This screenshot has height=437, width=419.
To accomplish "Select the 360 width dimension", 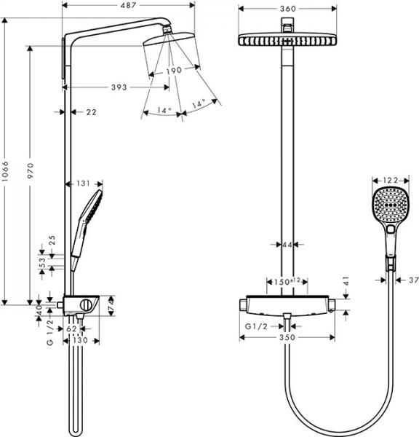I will click(287, 9).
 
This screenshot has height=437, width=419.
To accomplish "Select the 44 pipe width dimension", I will click(287, 245).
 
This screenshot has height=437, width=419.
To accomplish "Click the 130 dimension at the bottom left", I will click(81, 340).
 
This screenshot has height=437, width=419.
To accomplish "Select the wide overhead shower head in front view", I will click(287, 40).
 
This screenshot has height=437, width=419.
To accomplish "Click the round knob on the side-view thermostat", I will click(88, 304).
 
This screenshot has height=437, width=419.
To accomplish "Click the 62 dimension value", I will click(71, 329).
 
